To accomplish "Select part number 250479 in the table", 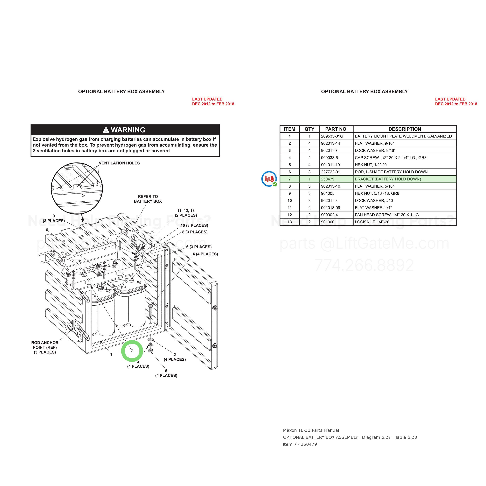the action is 328,179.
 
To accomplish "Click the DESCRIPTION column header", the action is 405,129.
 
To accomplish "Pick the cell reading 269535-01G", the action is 332,136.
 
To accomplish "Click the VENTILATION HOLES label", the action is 119,163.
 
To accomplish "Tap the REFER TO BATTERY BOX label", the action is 148,199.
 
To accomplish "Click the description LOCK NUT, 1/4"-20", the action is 372,222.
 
